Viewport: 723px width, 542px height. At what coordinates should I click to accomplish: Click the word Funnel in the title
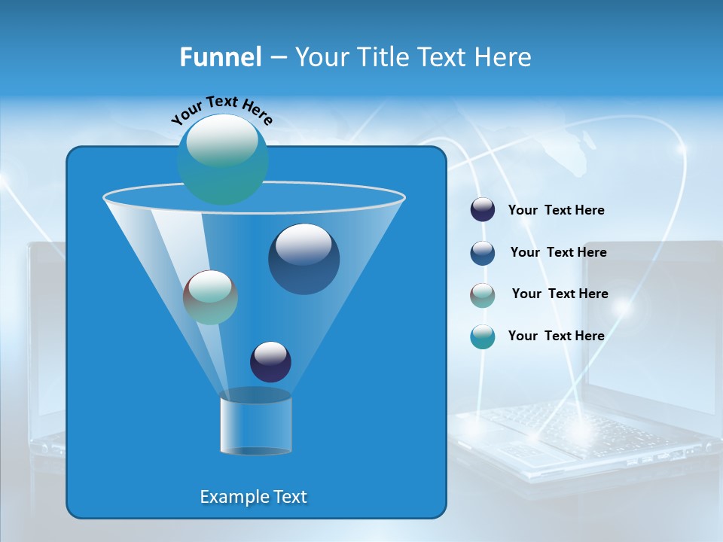tap(220, 57)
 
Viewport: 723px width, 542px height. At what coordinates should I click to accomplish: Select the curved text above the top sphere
tap(221, 108)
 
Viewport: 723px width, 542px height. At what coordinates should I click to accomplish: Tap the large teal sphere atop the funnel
tap(223, 159)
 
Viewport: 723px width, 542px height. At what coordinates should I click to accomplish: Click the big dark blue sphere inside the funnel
tap(304, 258)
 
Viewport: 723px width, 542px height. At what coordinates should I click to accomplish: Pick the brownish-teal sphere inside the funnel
tap(210, 297)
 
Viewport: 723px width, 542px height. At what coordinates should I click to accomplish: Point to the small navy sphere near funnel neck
tap(270, 361)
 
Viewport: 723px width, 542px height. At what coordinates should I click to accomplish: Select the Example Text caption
tap(253, 497)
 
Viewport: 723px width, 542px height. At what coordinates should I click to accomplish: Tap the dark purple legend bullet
tap(483, 210)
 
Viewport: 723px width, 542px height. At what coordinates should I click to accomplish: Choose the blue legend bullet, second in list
tap(483, 253)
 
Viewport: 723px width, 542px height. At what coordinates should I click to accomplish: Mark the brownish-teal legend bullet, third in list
tap(483, 295)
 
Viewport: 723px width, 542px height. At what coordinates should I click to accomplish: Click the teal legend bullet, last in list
tap(483, 336)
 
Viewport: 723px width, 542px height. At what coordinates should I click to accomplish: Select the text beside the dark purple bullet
tap(556, 211)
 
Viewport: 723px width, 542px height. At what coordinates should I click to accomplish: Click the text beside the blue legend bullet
tap(558, 253)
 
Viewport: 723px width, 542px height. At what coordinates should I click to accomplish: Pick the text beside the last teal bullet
tap(556, 336)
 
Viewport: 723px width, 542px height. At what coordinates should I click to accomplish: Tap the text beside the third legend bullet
tap(560, 294)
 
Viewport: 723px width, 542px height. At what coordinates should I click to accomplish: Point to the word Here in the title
tap(504, 57)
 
